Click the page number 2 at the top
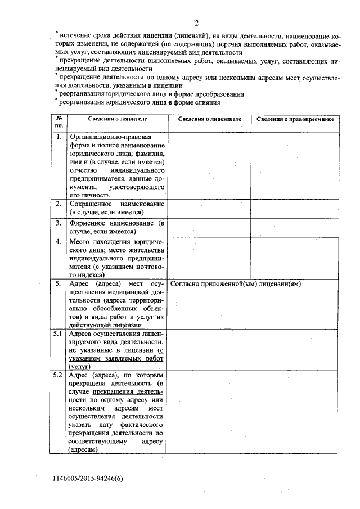tap(197, 22)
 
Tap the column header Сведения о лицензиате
tap(209, 120)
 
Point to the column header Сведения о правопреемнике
tap(295, 120)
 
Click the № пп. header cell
tap(58, 123)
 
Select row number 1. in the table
tap(58, 137)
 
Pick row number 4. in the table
tap(58, 241)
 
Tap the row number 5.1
tap(58, 334)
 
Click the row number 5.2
tap(58, 375)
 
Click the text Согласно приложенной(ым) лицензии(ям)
tap(235, 284)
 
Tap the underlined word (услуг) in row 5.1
tap(80, 366)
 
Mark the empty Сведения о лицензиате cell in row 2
tap(209, 208)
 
